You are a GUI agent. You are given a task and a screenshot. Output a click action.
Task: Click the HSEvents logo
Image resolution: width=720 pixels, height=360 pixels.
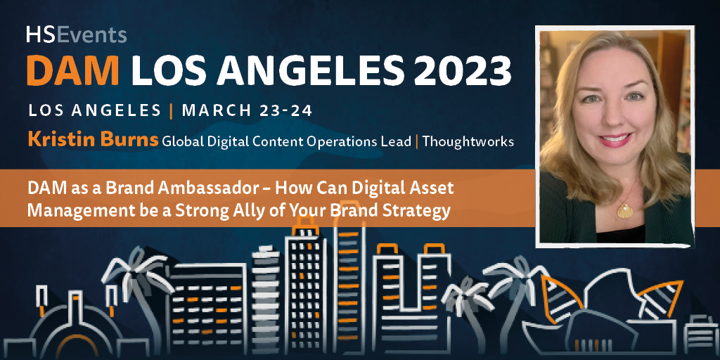coord(76,35)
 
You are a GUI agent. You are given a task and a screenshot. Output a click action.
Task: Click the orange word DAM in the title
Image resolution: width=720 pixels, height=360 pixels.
coord(73,71)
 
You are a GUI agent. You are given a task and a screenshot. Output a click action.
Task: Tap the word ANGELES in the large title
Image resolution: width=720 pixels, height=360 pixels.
coord(302,71)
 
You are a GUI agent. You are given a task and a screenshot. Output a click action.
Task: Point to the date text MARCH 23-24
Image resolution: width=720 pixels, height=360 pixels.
coord(247,111)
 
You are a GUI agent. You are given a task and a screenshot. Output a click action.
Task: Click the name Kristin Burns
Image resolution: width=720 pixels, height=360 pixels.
coord(94,141)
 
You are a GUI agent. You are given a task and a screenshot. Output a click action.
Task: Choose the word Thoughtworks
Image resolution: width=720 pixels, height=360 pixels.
coord(468,141)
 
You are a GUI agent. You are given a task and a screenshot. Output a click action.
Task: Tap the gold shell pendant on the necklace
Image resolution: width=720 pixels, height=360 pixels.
coord(625,210)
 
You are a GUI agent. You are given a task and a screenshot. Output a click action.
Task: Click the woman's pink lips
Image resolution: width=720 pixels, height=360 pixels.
coord(615,139)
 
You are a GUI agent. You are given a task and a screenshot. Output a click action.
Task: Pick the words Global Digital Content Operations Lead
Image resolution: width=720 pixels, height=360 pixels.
coord(286,141)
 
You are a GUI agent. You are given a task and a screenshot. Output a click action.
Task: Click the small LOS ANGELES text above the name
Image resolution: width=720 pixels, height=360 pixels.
coord(95,111)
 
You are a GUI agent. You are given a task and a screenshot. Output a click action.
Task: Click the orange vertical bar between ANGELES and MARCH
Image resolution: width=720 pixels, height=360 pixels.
coord(172,111)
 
